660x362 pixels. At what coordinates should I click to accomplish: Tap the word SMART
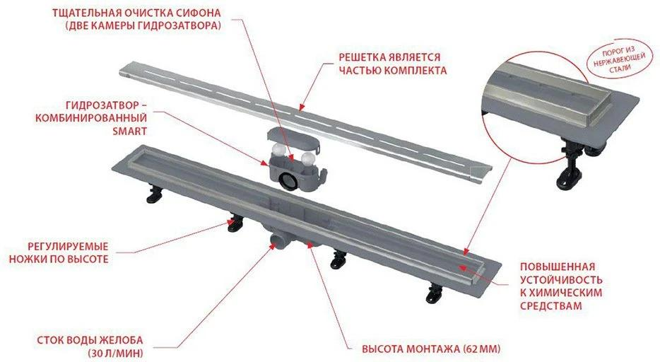click(x=129, y=131)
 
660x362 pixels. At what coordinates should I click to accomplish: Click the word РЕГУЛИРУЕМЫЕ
click(x=68, y=246)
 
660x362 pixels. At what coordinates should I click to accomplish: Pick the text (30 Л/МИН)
click(x=115, y=352)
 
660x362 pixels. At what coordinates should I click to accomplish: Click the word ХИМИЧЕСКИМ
click(x=566, y=292)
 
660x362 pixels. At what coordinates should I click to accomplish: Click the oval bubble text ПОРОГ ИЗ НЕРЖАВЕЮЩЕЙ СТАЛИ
click(x=618, y=60)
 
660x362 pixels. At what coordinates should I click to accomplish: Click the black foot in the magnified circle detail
click(x=571, y=168)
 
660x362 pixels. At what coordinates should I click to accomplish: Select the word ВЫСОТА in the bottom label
click(x=382, y=349)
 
